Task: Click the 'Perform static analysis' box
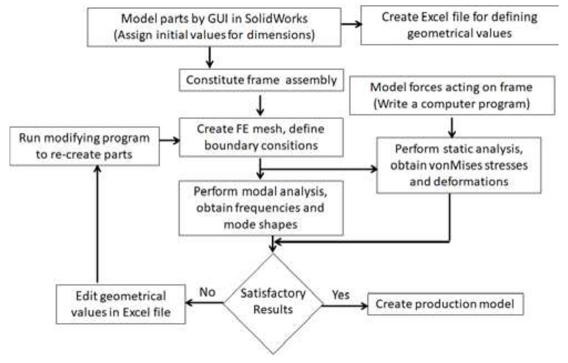pyautogui.click(x=458, y=166)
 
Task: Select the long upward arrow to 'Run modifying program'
pyautogui.click(x=98, y=228)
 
